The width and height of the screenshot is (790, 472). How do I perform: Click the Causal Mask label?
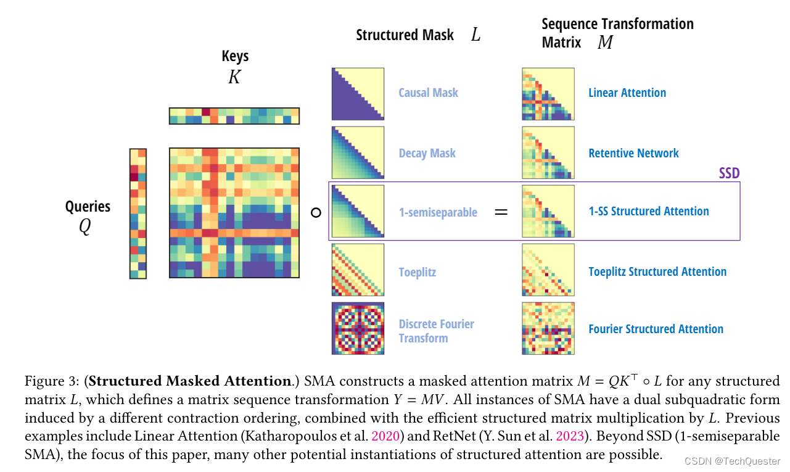428,93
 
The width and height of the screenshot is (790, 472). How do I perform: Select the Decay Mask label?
427,153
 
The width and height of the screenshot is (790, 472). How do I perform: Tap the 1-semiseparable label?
438,212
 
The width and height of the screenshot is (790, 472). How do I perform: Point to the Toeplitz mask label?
418,272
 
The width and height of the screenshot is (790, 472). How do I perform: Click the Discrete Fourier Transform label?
436,331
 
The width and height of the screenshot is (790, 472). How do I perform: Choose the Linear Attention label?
627,93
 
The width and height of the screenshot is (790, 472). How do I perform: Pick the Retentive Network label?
633,153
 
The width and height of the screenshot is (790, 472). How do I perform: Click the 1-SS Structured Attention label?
648,212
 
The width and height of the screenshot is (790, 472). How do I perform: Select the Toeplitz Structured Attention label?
657,272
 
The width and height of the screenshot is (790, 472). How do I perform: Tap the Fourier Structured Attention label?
656,329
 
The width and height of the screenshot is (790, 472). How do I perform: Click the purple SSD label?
729,173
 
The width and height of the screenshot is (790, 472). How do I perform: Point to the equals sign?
501,212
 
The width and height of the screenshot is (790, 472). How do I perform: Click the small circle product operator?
316,213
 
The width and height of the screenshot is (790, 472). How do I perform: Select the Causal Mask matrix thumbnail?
358,94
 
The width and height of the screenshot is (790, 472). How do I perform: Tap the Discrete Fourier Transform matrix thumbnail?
358,328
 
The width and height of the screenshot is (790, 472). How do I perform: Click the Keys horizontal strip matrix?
234,116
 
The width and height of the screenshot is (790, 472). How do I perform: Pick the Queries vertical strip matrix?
138,213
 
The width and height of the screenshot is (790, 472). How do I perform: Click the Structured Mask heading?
405,35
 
